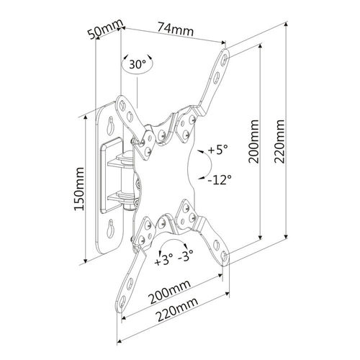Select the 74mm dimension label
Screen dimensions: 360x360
click(176, 30)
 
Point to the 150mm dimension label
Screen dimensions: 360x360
click(79, 189)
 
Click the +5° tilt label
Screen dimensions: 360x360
click(217, 150)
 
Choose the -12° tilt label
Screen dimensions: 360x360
click(220, 179)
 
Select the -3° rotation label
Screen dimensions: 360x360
click(186, 256)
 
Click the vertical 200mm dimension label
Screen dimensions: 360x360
click(253, 142)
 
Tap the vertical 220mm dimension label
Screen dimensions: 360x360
click(279, 142)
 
